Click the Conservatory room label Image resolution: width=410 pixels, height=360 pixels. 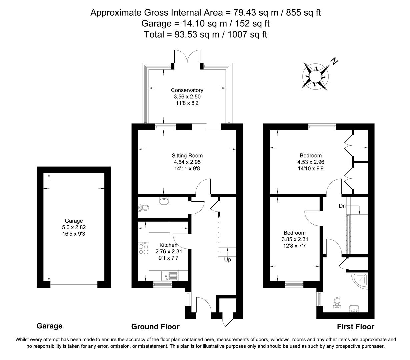[187, 90]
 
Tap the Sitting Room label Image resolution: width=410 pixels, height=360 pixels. [187, 155]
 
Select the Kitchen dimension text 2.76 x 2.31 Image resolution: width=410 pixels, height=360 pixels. [169, 251]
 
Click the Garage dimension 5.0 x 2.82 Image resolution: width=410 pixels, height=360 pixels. [74, 227]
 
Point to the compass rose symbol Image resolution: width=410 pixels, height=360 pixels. [315, 76]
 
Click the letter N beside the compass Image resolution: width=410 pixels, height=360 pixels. [334, 61]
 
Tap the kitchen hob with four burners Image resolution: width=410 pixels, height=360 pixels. [143, 249]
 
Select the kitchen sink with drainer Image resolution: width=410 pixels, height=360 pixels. [170, 276]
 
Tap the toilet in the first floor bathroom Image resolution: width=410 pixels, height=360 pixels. [337, 303]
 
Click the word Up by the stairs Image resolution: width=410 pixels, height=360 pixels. [227, 259]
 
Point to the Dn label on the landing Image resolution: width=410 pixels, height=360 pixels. [342, 206]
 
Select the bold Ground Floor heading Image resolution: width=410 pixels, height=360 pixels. [155, 327]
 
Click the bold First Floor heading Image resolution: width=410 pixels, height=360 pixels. [356, 327]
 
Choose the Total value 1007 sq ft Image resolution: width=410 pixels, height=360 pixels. [247, 34]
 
